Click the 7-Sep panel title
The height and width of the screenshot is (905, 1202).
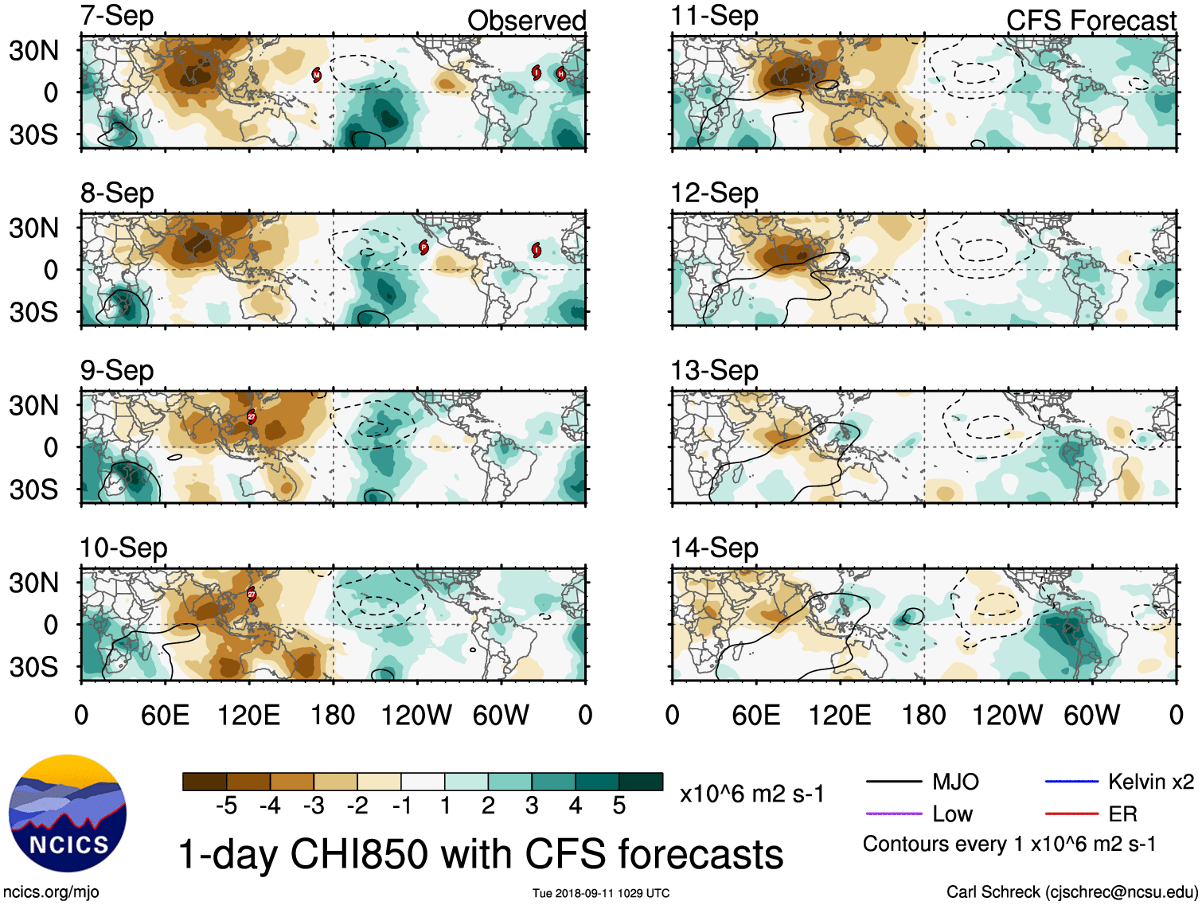point(117,16)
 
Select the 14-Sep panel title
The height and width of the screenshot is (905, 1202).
point(714,548)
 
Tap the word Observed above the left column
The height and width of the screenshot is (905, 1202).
point(526,21)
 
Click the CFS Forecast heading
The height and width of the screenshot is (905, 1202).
point(1091,21)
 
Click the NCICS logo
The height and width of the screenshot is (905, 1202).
point(68,813)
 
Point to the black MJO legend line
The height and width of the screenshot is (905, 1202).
point(893,782)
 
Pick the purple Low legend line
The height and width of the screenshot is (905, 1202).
point(893,814)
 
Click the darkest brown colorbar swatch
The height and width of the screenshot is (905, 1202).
point(204,782)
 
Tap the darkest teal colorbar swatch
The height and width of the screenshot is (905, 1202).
point(641,782)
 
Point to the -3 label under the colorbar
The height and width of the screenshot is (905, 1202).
point(313,806)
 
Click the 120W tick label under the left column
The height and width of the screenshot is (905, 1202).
point(416,715)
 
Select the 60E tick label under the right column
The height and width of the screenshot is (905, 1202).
point(755,715)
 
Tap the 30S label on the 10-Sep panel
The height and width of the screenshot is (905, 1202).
point(34,666)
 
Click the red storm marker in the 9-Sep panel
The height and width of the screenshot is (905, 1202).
point(252,416)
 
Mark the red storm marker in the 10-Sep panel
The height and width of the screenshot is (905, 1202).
point(252,594)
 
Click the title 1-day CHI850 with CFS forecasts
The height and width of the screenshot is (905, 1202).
point(480,854)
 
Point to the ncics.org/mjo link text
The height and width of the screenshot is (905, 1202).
point(51,892)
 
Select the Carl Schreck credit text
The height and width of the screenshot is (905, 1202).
point(1071,892)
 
